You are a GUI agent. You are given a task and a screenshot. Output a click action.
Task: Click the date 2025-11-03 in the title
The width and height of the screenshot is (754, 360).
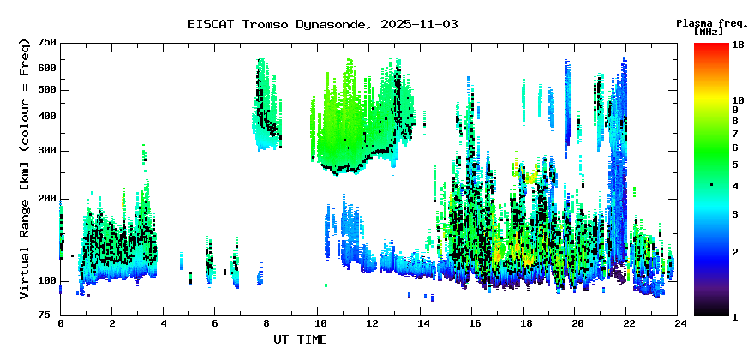(x=419, y=25)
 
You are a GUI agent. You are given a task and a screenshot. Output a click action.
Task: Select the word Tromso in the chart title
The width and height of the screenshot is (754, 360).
(x=265, y=25)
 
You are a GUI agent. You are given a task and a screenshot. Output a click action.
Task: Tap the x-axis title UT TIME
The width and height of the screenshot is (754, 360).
(x=300, y=339)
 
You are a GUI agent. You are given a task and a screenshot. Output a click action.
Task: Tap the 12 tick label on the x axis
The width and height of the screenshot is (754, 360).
(x=368, y=324)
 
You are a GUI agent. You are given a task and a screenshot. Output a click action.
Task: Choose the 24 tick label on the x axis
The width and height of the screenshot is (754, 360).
(x=677, y=324)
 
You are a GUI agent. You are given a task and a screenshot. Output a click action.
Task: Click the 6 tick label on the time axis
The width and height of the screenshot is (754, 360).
(x=214, y=324)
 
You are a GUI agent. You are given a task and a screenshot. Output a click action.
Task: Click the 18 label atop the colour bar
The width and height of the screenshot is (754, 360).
(x=738, y=45)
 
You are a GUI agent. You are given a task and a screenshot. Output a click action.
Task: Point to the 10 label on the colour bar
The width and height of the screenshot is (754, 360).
(x=738, y=100)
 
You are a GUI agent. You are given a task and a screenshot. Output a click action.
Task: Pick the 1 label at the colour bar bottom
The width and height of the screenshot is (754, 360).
(x=735, y=317)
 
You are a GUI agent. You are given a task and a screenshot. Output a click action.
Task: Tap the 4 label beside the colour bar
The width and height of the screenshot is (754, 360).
(x=735, y=185)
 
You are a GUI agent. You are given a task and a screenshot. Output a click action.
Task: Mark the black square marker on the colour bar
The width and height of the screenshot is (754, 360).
(x=712, y=184)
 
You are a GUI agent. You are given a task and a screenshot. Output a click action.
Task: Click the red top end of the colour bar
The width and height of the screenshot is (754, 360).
(x=712, y=45)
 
